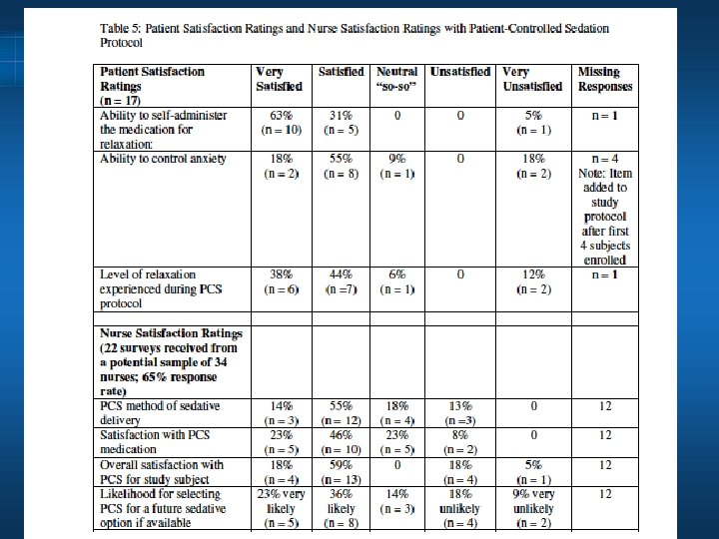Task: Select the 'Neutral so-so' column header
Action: pos(397,79)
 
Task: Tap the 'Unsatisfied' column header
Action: pos(459,72)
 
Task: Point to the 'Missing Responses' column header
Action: pos(604,79)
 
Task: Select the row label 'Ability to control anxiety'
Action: pos(164,159)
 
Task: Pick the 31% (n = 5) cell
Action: pos(342,123)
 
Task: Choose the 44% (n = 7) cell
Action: pos(342,281)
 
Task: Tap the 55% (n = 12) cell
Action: pos(342,413)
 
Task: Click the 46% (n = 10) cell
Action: pos(342,442)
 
